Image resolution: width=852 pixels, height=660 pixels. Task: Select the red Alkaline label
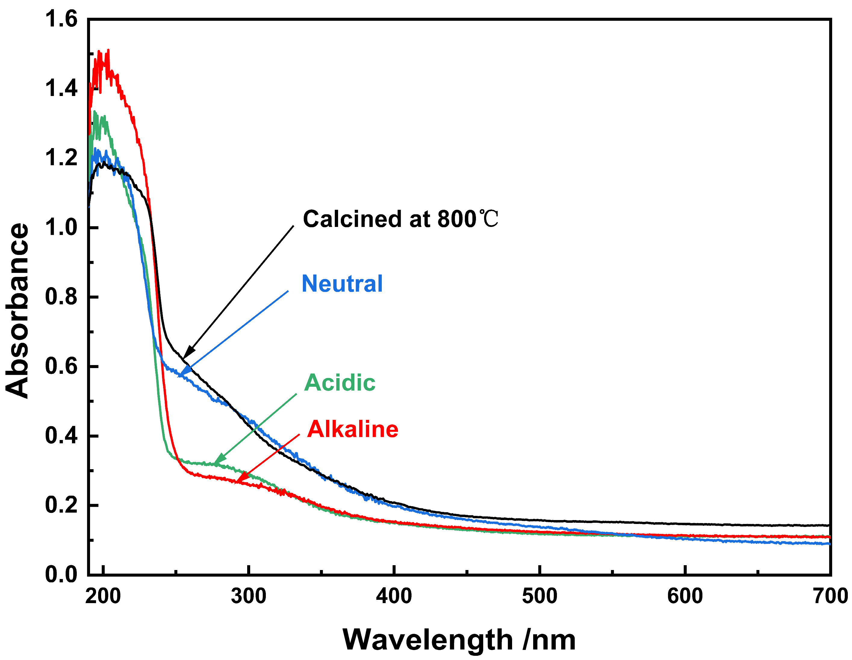pyautogui.click(x=353, y=429)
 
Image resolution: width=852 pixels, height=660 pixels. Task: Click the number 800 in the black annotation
pyautogui.click(x=457, y=219)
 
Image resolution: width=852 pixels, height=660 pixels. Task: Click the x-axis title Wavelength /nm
pyautogui.click(x=459, y=640)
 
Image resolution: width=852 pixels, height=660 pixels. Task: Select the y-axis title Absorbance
pyautogui.click(x=17, y=311)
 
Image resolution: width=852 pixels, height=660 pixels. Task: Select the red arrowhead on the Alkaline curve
pyautogui.click(x=239, y=479)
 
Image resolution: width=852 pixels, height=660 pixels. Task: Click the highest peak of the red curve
pyautogui.click(x=108, y=51)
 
